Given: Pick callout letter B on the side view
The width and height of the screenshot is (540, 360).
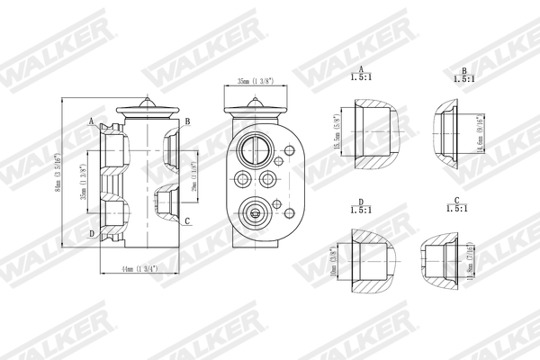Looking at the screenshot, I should (186, 121).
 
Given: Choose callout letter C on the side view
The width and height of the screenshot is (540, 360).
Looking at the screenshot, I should (186, 220).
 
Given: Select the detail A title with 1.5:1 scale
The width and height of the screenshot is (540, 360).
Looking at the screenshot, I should (361, 74).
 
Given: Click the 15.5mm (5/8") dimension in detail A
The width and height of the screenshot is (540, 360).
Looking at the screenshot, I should (337, 133).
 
